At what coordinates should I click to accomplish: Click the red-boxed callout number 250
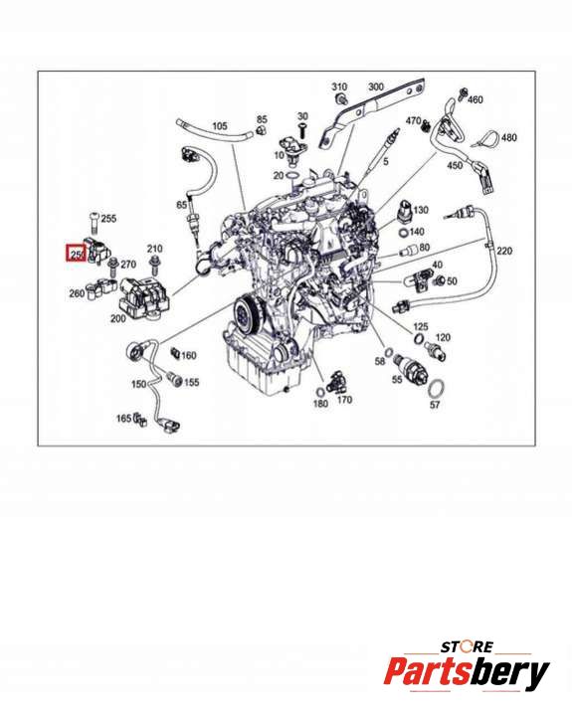point(77,253)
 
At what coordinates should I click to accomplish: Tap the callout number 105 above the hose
point(220,126)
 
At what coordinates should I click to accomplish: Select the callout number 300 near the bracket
point(376,87)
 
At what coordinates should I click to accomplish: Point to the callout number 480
point(509,137)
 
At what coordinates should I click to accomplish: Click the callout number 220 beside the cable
point(504,251)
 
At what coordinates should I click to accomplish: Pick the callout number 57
point(435,405)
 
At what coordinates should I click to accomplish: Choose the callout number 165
point(124,418)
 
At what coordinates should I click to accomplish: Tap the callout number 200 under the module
point(118,319)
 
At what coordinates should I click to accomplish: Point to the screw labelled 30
point(302,130)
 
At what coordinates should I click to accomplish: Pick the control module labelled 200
point(144,298)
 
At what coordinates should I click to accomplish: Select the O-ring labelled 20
point(292,176)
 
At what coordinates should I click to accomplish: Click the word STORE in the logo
point(467,646)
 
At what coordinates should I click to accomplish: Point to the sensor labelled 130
point(405,212)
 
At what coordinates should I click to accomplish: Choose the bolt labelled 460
point(463,93)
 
